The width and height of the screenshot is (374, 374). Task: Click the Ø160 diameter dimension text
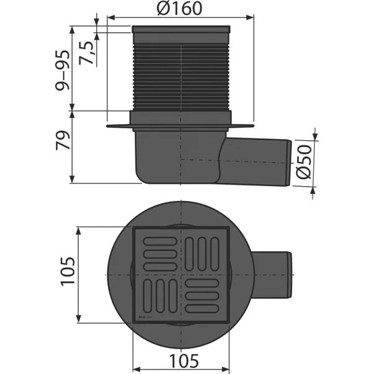click(x=180, y=10)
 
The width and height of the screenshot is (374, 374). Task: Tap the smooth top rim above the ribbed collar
click(x=180, y=35)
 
